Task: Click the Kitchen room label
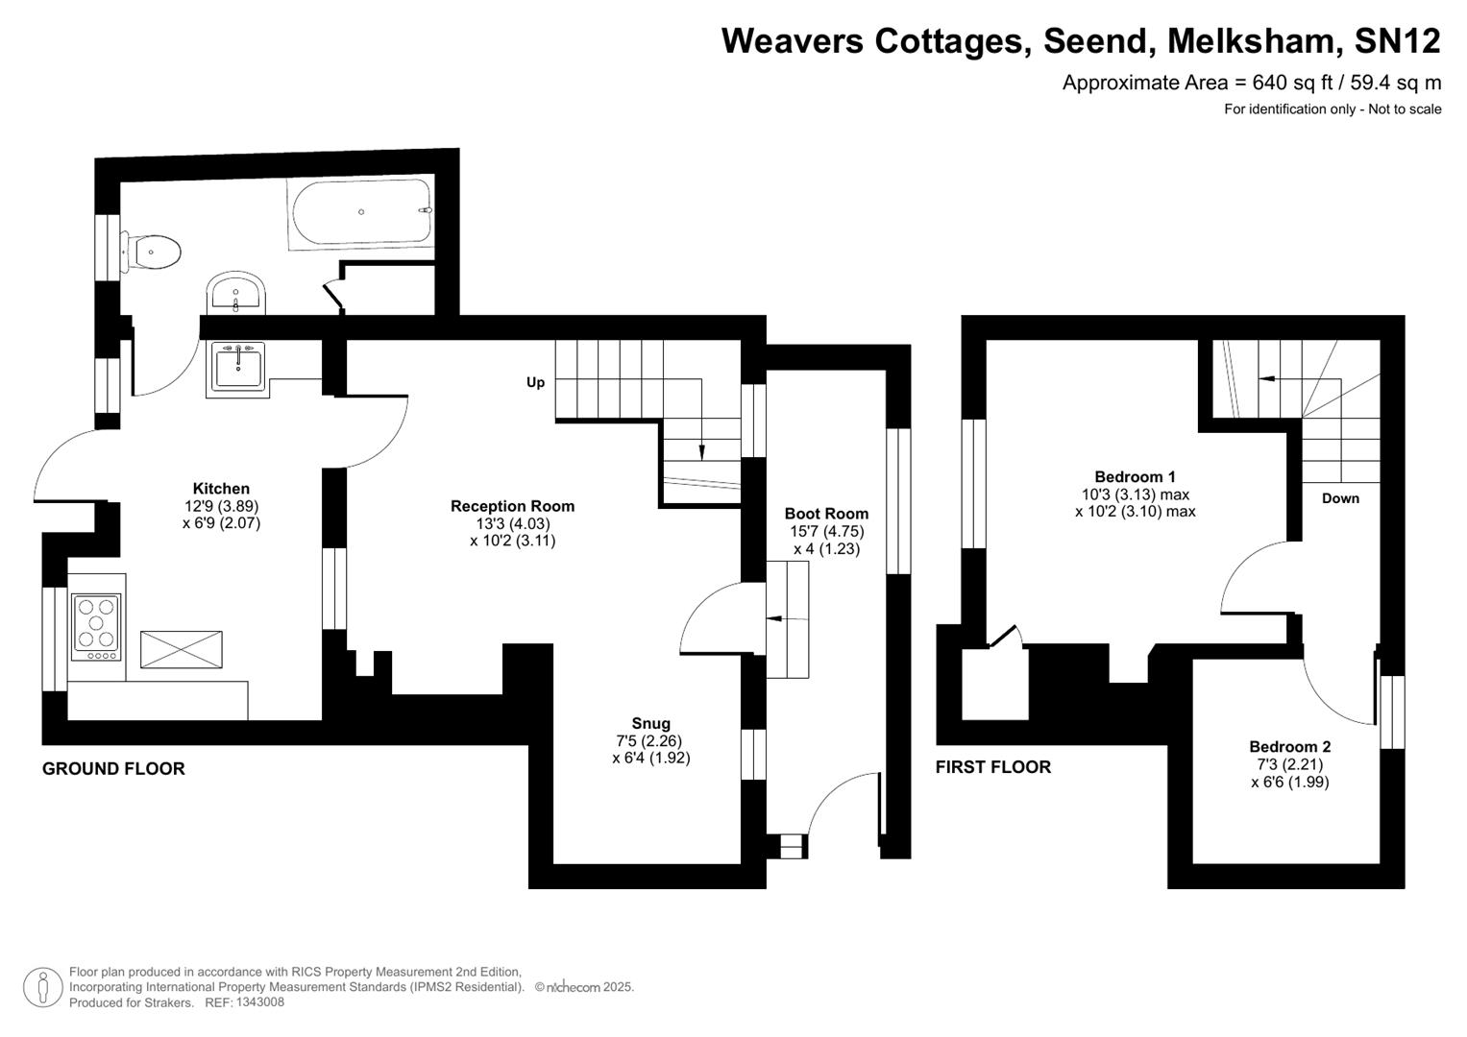pos(221,489)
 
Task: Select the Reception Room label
pos(512,506)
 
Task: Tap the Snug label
pos(650,724)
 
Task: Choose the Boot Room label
pos(826,514)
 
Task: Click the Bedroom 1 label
pos(1135,476)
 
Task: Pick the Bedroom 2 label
pos(1289,746)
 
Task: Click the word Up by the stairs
pos(535,382)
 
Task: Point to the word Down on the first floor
pos(1340,498)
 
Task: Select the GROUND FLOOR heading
pos(113,768)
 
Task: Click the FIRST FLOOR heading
pos(993,766)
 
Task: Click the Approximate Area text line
pos(1251,83)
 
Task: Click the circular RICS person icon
pos(42,987)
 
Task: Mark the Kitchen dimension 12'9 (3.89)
pos(221,506)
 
